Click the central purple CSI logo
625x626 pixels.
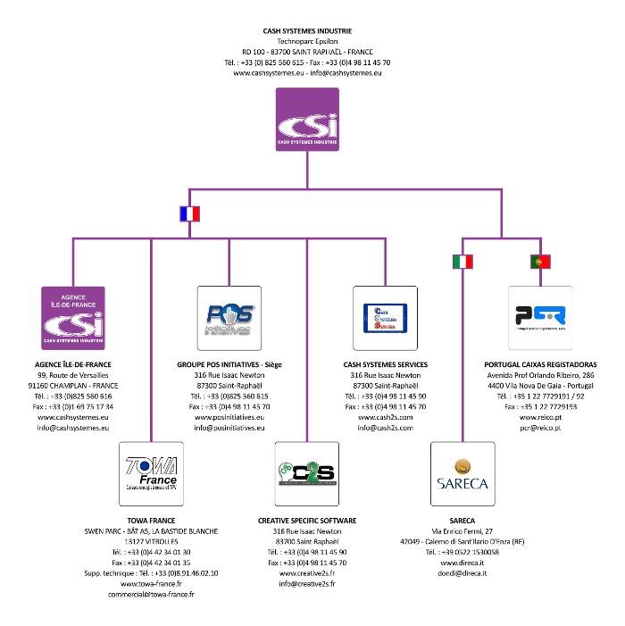pyautogui.click(x=307, y=119)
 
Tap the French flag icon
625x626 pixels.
pyautogui.click(x=189, y=214)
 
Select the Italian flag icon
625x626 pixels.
pyautogui.click(x=462, y=262)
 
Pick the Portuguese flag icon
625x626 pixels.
pyautogui.click(x=540, y=262)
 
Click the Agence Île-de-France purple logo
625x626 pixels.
pyautogui.click(x=74, y=318)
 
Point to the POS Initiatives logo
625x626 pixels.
pyautogui.click(x=229, y=318)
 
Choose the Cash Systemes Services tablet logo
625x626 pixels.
pyautogui.click(x=385, y=318)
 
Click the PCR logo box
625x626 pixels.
pyautogui.click(x=540, y=318)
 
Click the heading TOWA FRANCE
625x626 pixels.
pyautogui.click(x=152, y=520)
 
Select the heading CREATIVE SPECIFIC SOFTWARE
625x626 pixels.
pyautogui.click(x=307, y=520)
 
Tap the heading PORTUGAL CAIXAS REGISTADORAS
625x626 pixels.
pyautogui.click(x=540, y=364)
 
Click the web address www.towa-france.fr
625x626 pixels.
pyautogui.click(x=152, y=583)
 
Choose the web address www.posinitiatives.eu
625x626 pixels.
pyautogui.click(x=229, y=417)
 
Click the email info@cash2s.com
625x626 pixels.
pyautogui.click(x=385, y=428)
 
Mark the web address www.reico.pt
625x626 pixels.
pyautogui.click(x=540, y=417)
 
